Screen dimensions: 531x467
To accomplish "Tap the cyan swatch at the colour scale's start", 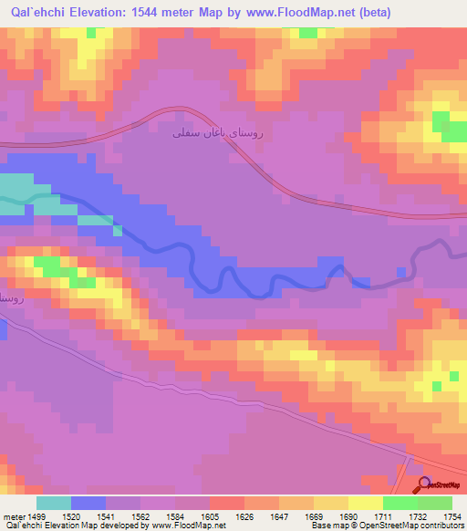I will pos(54,503).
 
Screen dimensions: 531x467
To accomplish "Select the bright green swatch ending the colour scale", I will pos(435,503).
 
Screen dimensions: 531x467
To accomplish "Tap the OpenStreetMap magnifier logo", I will pos(424,484).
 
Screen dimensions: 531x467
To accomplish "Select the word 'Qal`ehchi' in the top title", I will pos(36,12).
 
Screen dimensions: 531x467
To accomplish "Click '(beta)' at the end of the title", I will pos(439,12).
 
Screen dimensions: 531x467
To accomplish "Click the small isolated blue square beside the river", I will pos(402,271).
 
